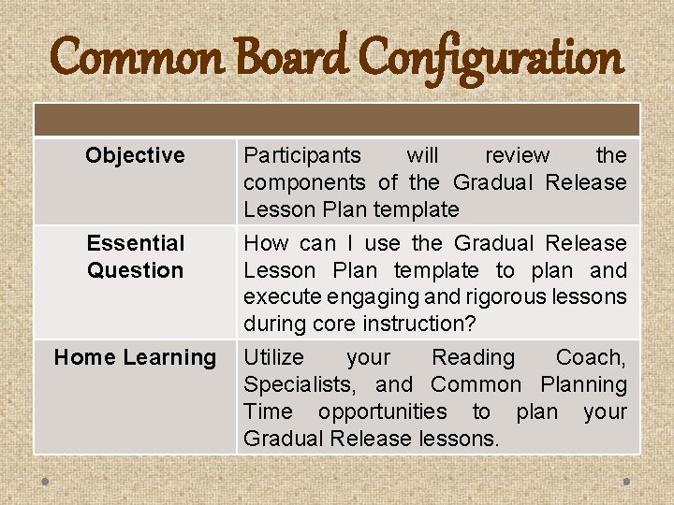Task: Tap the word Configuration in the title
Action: point(491,59)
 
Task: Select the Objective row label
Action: point(135,155)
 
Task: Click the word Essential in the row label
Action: point(136,243)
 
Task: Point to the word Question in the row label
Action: point(136,270)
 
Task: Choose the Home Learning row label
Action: point(135,357)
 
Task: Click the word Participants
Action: point(302,155)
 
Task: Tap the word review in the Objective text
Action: point(517,155)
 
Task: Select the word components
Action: point(304,183)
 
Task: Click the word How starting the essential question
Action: point(266,243)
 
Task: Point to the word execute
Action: point(283,297)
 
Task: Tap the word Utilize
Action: point(273,357)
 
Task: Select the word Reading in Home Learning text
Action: point(474,358)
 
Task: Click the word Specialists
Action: point(300,384)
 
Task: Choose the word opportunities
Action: point(383,412)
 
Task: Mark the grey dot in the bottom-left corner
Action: point(45,482)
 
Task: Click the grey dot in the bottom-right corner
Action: point(626,482)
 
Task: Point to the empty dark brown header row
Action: point(337,121)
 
